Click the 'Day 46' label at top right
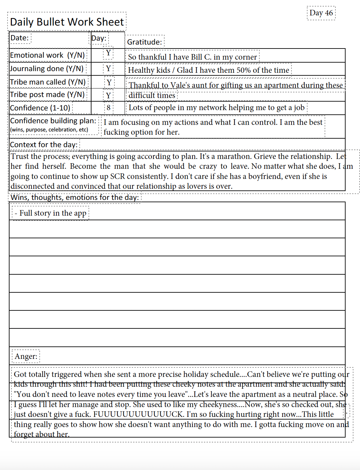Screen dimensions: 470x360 click(x=321, y=13)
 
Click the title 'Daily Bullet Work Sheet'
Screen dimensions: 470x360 click(x=67, y=22)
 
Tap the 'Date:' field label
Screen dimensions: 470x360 click(x=19, y=38)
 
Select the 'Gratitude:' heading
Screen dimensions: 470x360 click(x=145, y=42)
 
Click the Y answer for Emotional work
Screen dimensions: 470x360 click(x=108, y=53)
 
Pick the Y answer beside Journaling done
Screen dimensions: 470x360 click(x=108, y=69)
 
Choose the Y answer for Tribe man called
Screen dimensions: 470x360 click(x=109, y=82)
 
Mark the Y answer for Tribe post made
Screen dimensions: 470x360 click(x=108, y=96)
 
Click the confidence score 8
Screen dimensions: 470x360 click(x=109, y=108)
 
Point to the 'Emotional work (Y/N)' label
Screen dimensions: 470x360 click(x=47, y=55)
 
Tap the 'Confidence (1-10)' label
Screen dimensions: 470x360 click(x=40, y=108)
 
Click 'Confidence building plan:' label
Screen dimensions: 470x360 click(x=53, y=121)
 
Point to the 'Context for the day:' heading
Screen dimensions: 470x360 click(x=44, y=145)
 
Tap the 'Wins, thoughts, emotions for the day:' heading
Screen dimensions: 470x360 click(x=75, y=197)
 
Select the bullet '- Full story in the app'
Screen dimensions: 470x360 click(x=50, y=213)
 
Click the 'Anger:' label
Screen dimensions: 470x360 click(x=26, y=356)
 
